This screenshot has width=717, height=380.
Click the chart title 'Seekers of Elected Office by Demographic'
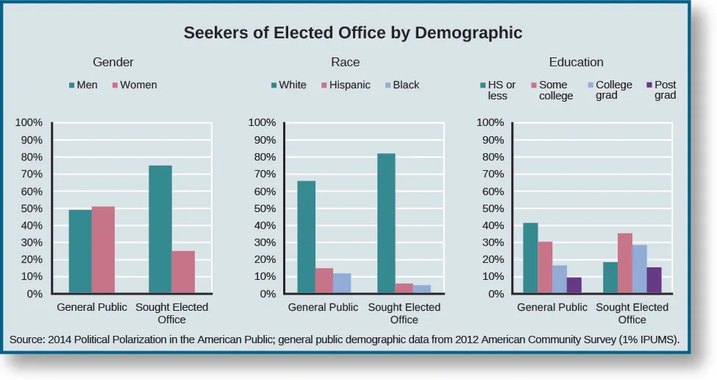(x=352, y=33)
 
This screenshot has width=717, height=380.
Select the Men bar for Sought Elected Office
(x=160, y=230)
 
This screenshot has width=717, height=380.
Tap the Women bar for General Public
(x=103, y=250)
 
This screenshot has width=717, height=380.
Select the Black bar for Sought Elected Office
(x=421, y=289)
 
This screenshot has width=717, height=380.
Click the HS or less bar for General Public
(x=530, y=258)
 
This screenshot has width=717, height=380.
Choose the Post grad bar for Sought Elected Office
(x=654, y=281)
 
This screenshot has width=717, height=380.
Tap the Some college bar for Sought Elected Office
(x=624, y=264)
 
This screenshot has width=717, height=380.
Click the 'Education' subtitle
(x=576, y=62)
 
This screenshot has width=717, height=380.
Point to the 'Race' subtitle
(x=345, y=62)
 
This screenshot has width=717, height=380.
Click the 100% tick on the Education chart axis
(x=491, y=122)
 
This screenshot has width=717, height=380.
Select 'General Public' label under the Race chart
(x=323, y=307)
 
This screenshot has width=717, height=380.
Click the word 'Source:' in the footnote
(x=29, y=339)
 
